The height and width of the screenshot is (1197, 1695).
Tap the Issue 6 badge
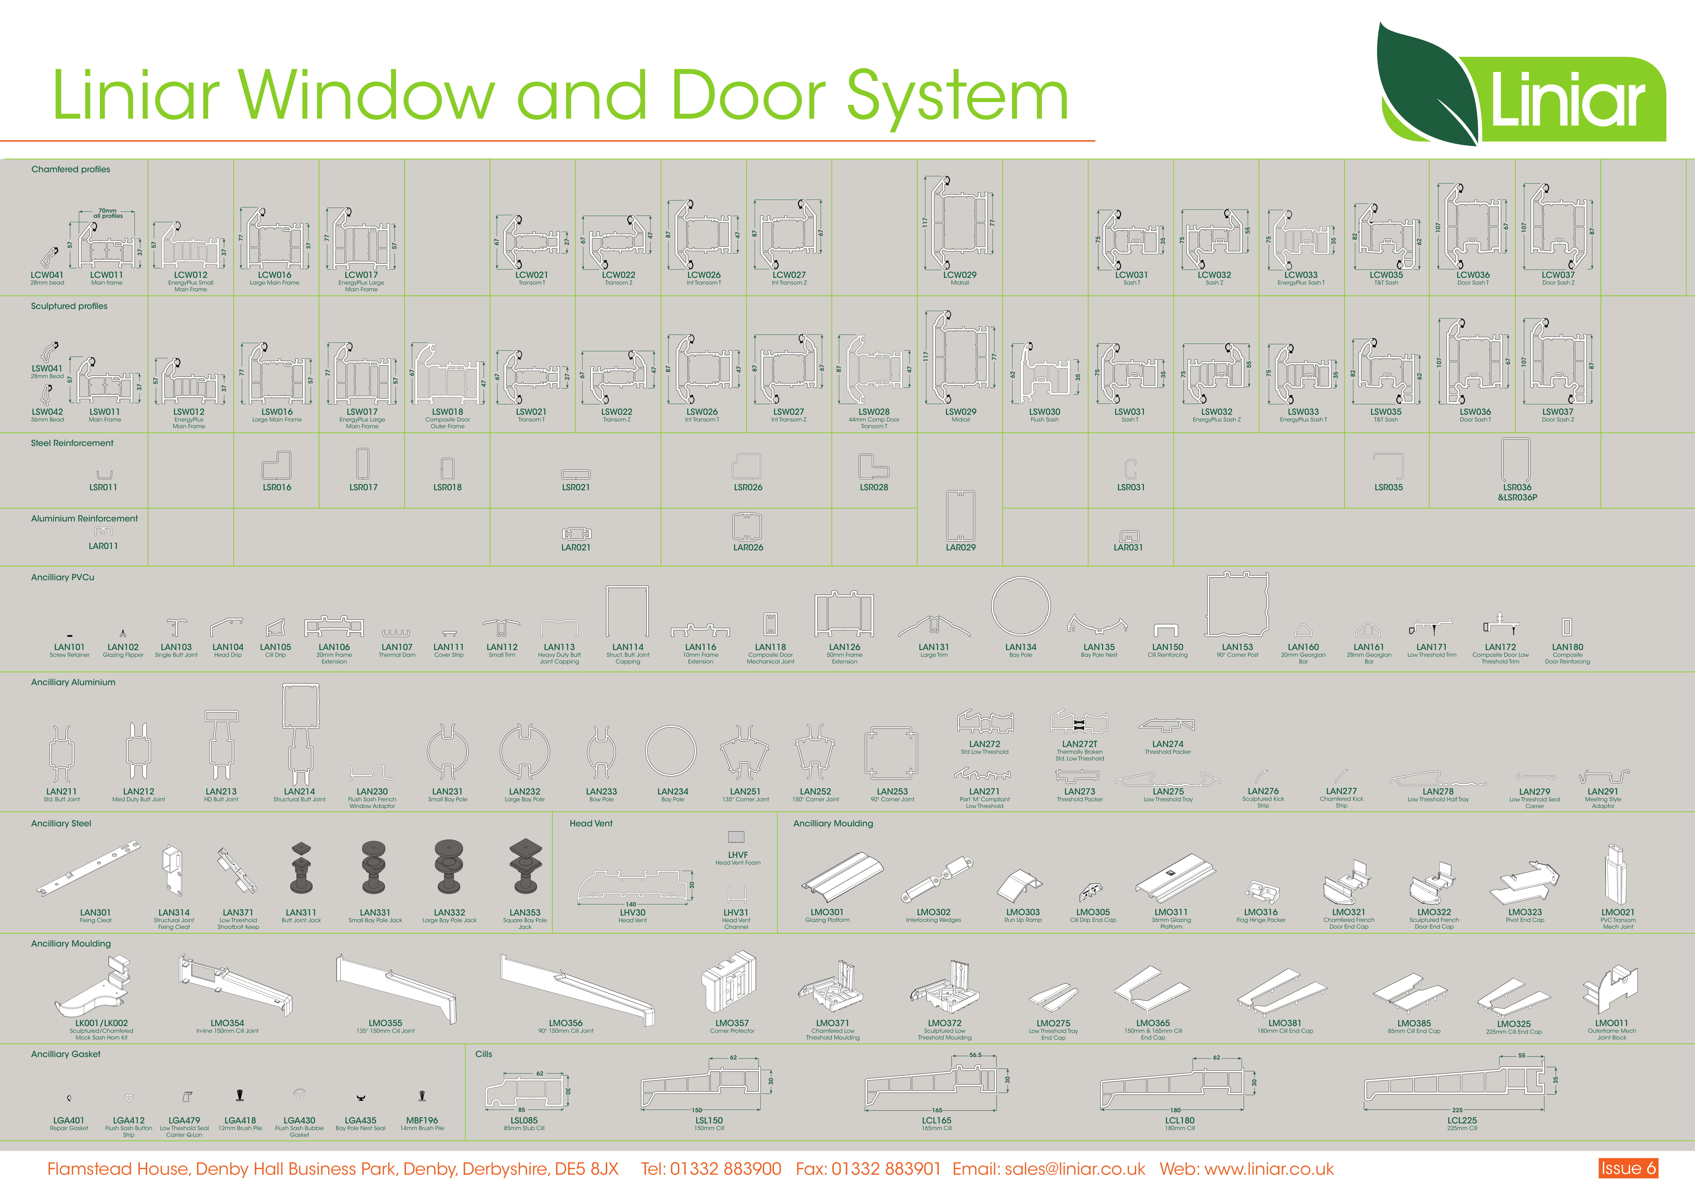tap(1628, 1168)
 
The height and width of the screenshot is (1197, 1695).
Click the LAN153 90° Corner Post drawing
tap(1237, 605)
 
